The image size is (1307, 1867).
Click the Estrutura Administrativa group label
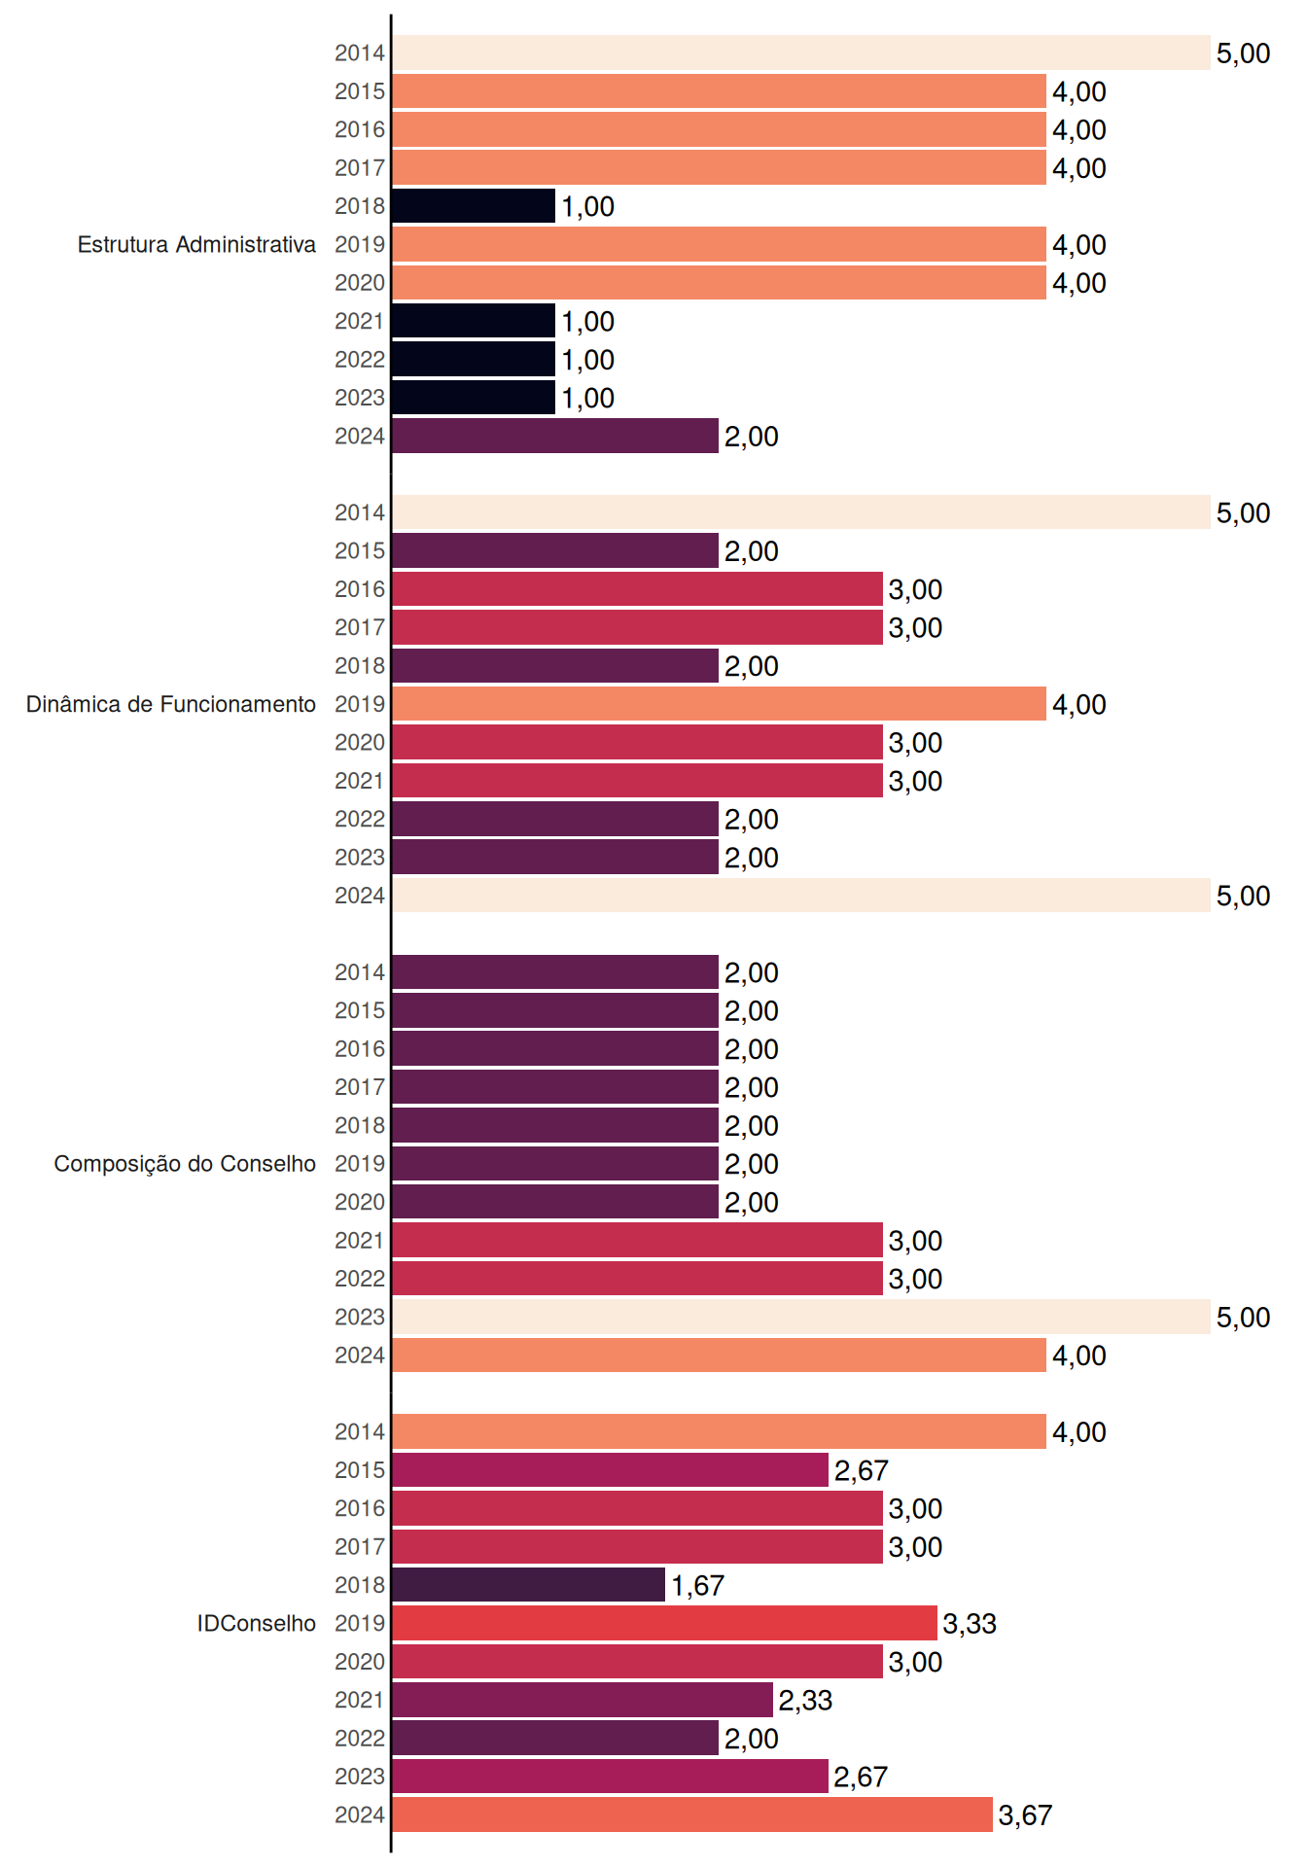click(x=196, y=244)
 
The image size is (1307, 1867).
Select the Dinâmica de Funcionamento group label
click(x=171, y=704)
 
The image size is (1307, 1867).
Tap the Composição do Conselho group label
click(x=185, y=1164)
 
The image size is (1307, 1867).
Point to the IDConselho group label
click(x=257, y=1623)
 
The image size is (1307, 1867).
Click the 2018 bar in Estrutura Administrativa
click(x=474, y=206)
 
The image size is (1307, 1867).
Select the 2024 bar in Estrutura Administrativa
click(x=555, y=436)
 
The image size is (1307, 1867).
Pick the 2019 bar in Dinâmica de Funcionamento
click(x=720, y=704)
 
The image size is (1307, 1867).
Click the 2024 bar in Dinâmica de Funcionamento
click(x=801, y=896)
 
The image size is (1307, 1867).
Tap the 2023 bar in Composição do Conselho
click(x=801, y=1317)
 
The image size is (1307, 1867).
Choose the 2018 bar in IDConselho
click(x=529, y=1585)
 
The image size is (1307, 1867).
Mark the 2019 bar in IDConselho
click(x=665, y=1623)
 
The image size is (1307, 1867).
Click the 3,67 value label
click(x=1025, y=1815)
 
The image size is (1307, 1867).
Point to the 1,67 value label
click(x=697, y=1586)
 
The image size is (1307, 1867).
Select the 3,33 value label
click(x=970, y=1624)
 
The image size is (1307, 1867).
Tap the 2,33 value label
click(x=805, y=1701)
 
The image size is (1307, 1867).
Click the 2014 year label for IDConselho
click(x=360, y=1431)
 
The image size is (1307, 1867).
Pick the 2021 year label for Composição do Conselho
click(x=360, y=1240)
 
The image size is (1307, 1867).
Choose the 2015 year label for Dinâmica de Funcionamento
click(x=360, y=550)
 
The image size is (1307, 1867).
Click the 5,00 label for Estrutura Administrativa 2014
click(x=1243, y=53)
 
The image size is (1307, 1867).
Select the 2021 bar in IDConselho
click(x=583, y=1700)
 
